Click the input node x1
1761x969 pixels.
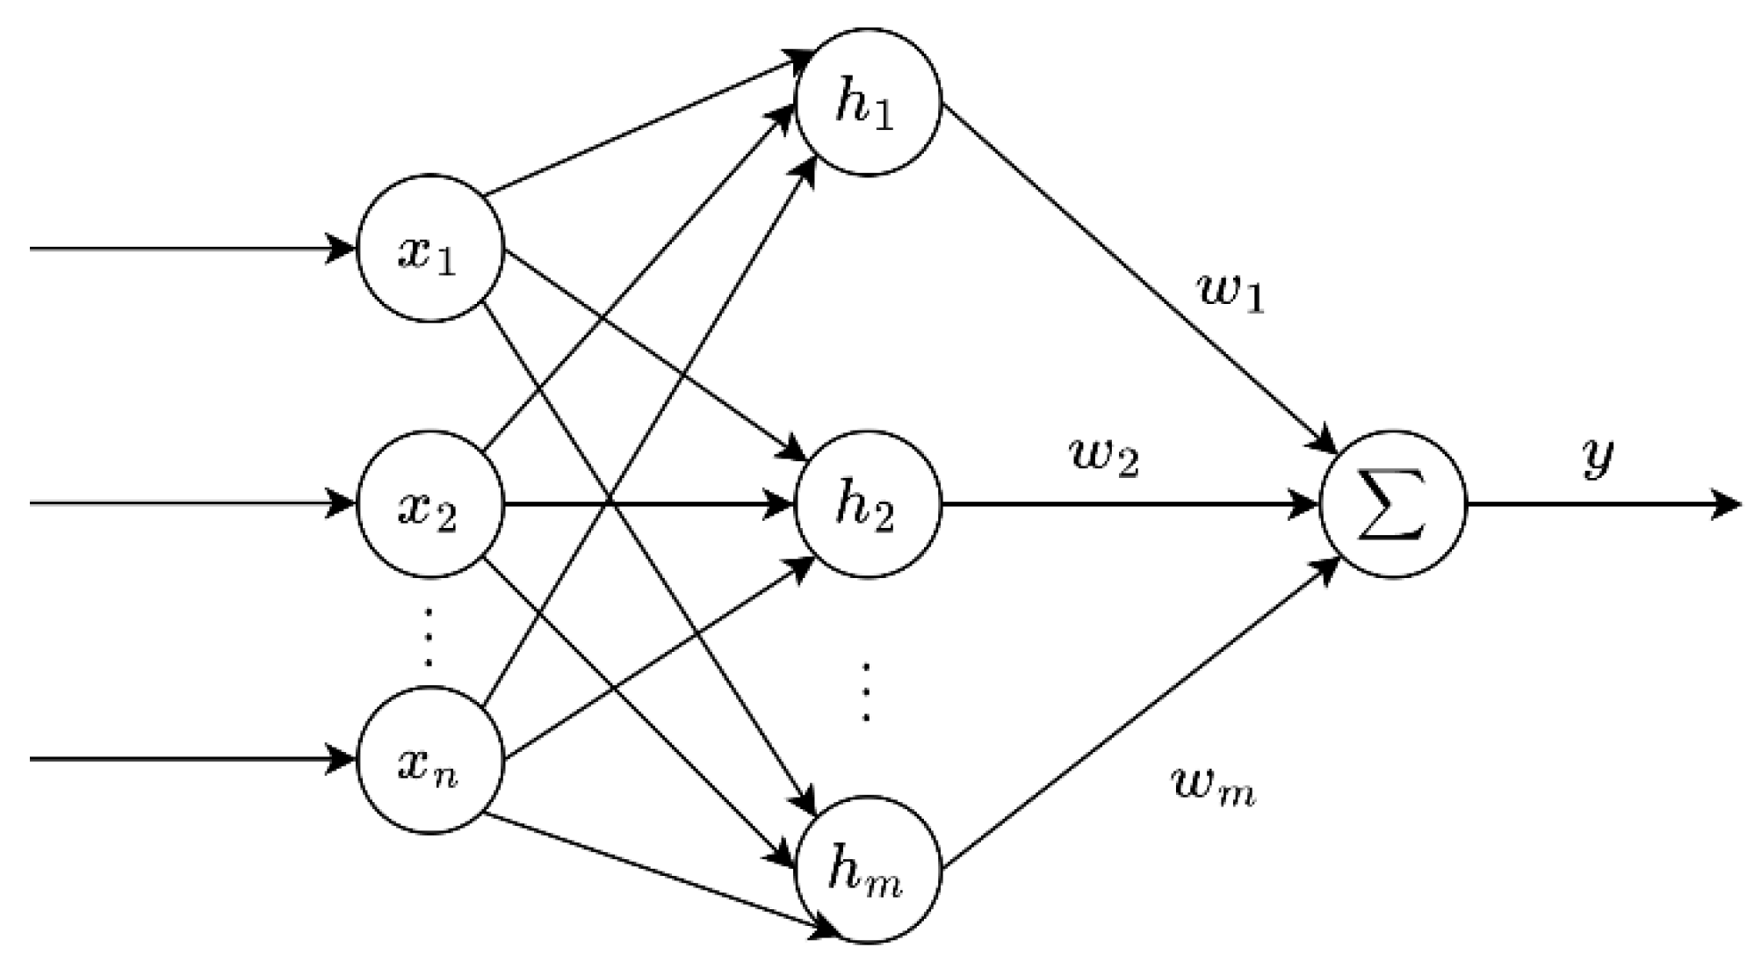click(x=429, y=249)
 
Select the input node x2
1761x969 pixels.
click(x=429, y=505)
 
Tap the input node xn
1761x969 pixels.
click(x=429, y=761)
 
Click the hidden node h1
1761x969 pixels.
click(x=868, y=103)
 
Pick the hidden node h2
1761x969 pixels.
click(x=868, y=505)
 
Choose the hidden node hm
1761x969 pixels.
click(x=868, y=870)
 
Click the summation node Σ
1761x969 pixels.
click(x=1394, y=505)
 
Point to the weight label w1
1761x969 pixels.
click(x=1231, y=293)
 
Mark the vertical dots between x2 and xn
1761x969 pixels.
click(x=429, y=636)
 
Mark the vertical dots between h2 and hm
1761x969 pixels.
click(x=866, y=692)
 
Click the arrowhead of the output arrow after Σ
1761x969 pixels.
click(x=1727, y=505)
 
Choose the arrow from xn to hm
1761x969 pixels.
click(x=659, y=873)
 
